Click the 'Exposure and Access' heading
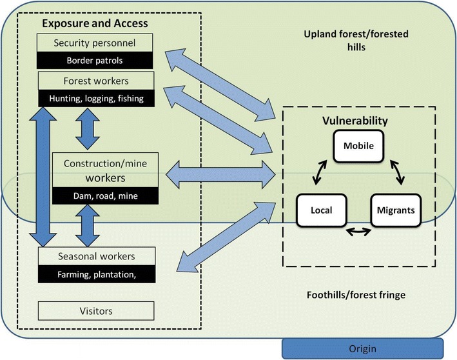tap(95, 24)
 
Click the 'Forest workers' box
tap(96, 81)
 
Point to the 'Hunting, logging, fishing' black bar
tap(96, 99)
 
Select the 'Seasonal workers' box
tap(96, 256)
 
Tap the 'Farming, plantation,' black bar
tap(96, 274)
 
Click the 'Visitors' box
tap(96, 311)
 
